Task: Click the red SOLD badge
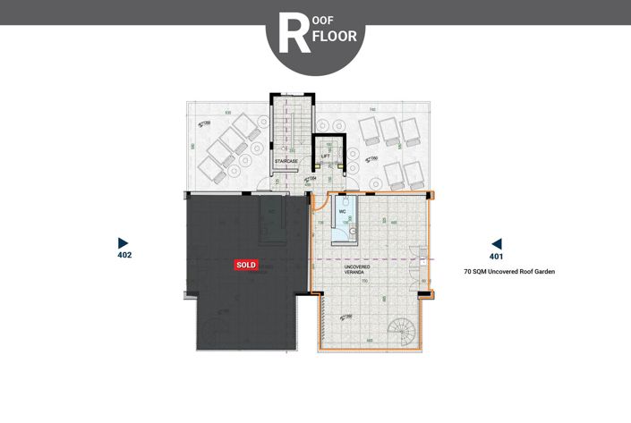click(x=246, y=265)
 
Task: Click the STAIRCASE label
click(x=286, y=161)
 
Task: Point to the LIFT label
click(x=326, y=156)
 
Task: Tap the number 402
click(x=124, y=255)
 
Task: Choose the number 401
click(x=496, y=256)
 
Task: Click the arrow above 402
click(x=124, y=242)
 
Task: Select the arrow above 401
click(x=496, y=243)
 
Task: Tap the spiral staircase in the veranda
click(x=405, y=333)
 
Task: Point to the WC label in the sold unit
click(x=271, y=211)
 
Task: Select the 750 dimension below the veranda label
click(x=364, y=281)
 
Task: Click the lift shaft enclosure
click(x=328, y=154)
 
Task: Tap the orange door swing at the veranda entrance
click(x=320, y=207)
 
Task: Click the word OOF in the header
click(x=325, y=19)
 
